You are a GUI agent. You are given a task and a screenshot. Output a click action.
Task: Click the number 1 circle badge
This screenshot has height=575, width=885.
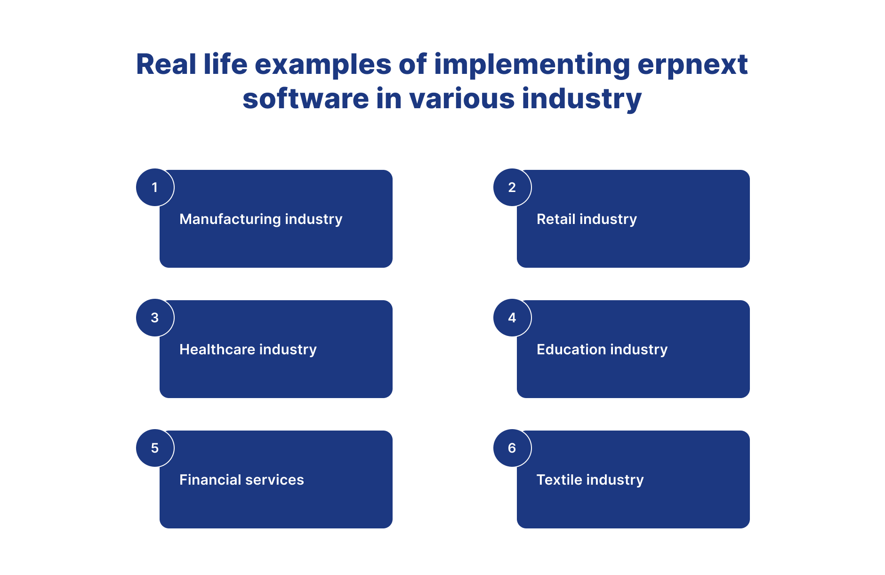[155, 187]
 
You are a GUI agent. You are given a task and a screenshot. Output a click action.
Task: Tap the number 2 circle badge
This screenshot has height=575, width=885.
[512, 187]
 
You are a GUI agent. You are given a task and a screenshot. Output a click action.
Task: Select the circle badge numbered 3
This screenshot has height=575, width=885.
[155, 318]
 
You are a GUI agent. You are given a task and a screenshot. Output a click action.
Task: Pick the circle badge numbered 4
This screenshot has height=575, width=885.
[512, 318]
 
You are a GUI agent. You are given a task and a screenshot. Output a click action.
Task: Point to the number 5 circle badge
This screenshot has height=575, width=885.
[155, 448]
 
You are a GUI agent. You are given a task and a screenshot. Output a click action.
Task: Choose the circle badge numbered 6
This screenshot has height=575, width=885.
[512, 448]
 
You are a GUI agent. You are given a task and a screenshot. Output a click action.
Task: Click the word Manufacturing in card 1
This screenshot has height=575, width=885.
[230, 219]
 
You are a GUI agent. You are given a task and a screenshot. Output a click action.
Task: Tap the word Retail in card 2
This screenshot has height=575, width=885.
[556, 219]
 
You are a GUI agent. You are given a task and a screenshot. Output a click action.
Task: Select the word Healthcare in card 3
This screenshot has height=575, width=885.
[217, 349]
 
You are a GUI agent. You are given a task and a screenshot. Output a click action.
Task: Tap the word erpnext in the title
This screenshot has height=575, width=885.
[692, 65]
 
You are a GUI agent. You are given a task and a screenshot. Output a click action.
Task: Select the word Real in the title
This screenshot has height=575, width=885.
[166, 64]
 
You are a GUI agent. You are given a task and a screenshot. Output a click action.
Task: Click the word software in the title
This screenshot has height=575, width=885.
[306, 99]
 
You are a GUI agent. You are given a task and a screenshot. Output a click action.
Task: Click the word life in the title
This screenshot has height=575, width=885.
[225, 64]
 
